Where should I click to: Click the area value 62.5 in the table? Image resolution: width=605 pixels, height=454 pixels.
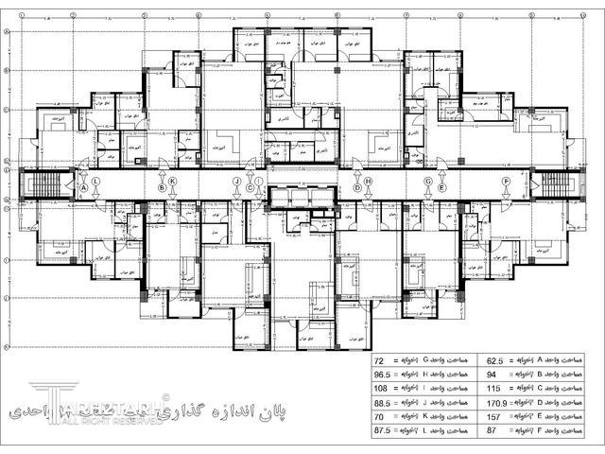[493, 361]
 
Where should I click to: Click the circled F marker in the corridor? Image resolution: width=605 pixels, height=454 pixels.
[506, 181]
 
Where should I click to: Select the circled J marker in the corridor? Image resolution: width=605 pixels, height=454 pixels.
[236, 181]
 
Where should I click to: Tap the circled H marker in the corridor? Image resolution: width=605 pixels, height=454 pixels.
[369, 181]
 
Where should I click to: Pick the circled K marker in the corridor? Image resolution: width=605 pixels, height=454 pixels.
[172, 181]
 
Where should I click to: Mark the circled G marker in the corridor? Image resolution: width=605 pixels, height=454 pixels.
[427, 181]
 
